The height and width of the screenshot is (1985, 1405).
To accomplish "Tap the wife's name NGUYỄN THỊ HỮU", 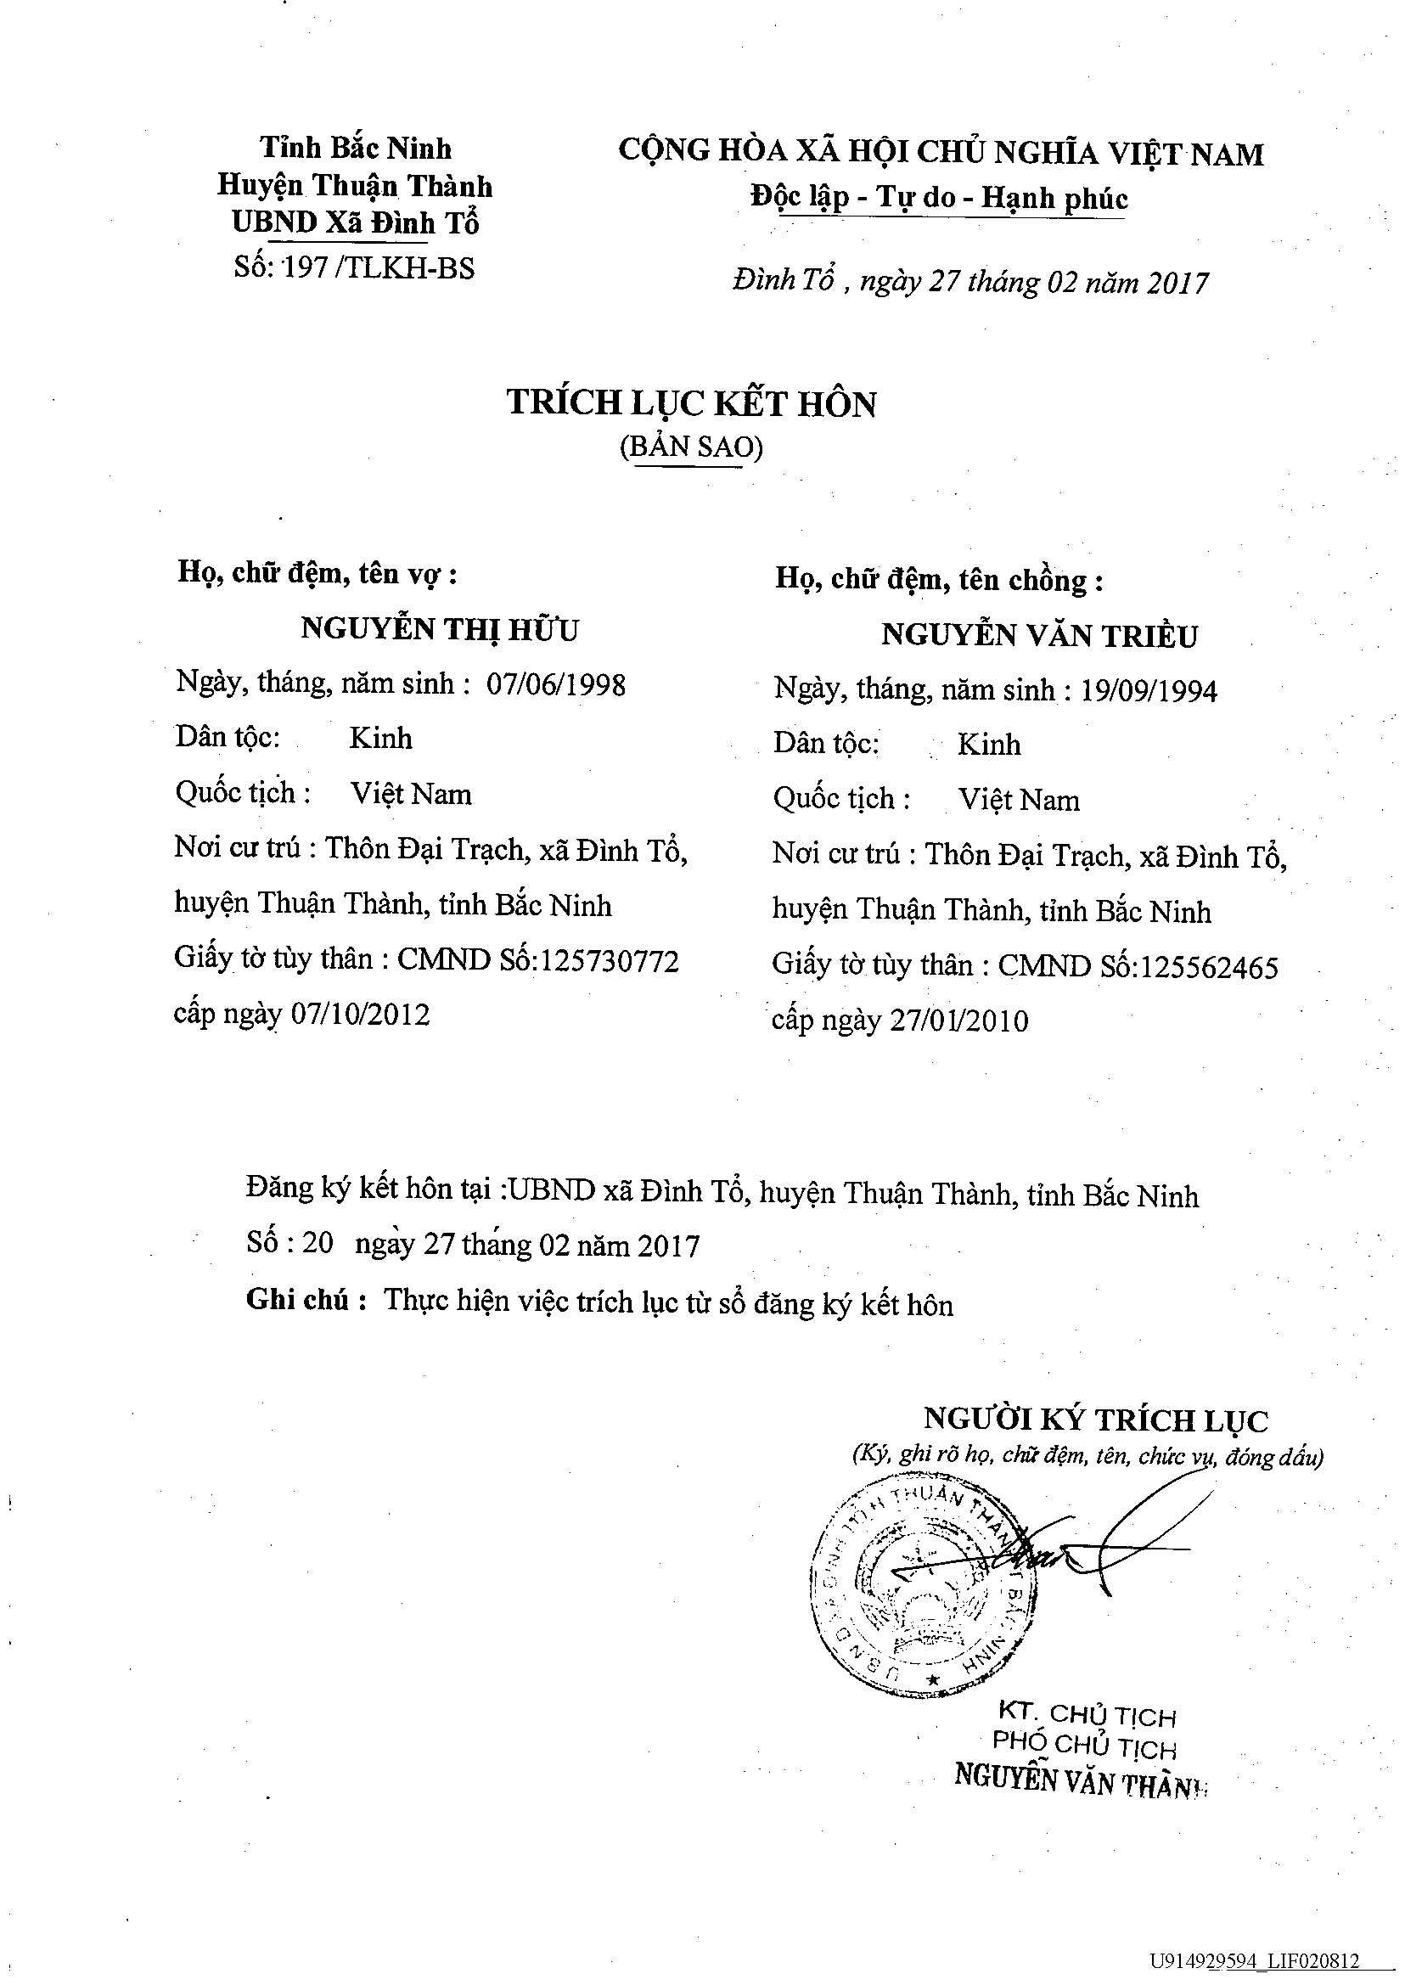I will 440,629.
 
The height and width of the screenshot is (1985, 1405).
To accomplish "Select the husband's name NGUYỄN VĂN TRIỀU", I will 1039,636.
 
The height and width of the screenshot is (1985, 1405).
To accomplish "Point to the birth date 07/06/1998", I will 556,685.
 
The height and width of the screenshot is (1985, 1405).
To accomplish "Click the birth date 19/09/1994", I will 1149,691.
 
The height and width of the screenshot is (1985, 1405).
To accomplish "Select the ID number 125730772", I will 609,961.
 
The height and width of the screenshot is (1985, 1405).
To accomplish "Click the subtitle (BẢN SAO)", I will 691,447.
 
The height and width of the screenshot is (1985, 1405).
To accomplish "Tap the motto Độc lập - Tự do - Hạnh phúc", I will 939,198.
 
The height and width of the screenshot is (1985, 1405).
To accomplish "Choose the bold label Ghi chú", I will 298,1300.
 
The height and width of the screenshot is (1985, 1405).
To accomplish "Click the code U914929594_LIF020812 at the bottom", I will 1255,1961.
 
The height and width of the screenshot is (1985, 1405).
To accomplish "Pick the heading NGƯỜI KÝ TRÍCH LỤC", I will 1096,1420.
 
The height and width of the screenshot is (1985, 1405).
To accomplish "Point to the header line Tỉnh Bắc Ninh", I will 356,148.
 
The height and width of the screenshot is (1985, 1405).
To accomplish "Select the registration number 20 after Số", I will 318,1243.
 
